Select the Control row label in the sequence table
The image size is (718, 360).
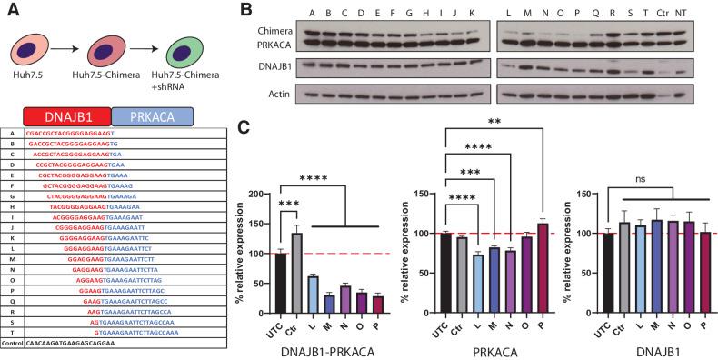[13, 345]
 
